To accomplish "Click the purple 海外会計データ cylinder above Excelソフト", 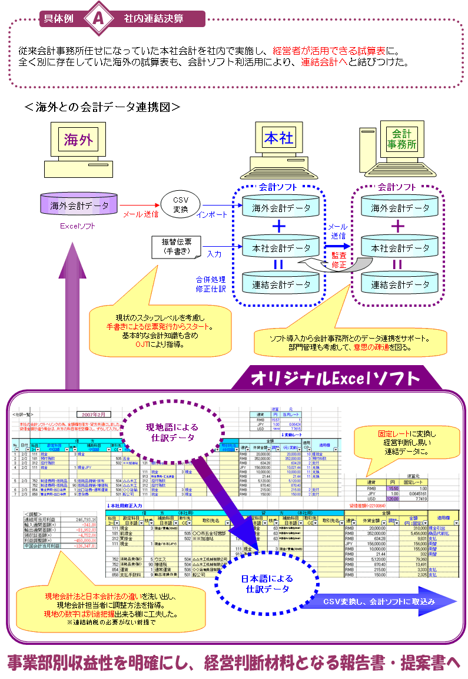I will pos(79,206).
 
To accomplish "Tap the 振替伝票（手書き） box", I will pos(176,247).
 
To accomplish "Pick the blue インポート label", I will pos(212,215).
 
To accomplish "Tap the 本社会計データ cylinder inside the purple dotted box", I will pos(400,248).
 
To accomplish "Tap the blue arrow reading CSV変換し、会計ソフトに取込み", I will pos(380,601).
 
